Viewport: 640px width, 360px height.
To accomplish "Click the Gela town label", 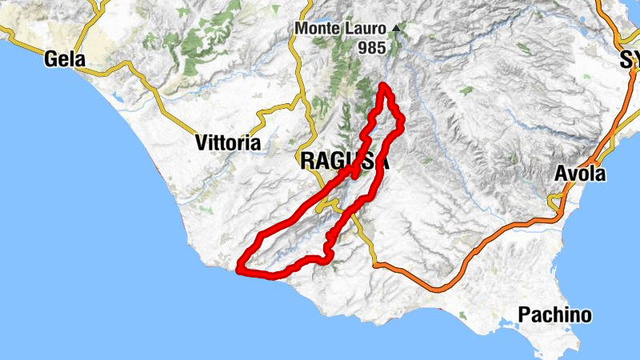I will click(65, 58).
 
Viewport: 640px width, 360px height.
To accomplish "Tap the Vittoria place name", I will click(228, 143).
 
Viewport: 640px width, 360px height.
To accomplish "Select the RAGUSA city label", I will click(345, 161).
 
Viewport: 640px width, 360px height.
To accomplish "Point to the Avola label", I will click(581, 174).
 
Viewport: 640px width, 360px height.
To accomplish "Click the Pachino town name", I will click(554, 314).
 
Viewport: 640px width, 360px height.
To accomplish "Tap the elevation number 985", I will click(372, 48).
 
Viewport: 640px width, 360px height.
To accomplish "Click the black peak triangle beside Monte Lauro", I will click(396, 29).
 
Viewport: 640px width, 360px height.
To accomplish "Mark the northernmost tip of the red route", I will click(385, 85).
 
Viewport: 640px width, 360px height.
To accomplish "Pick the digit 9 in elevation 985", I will click(362, 48).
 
